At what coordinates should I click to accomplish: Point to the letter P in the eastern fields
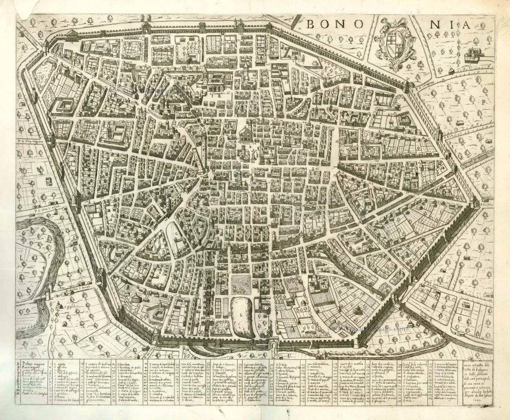click(x=482, y=102)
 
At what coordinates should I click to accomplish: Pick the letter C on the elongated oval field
click(x=177, y=235)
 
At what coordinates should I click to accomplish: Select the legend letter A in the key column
click(x=19, y=361)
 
